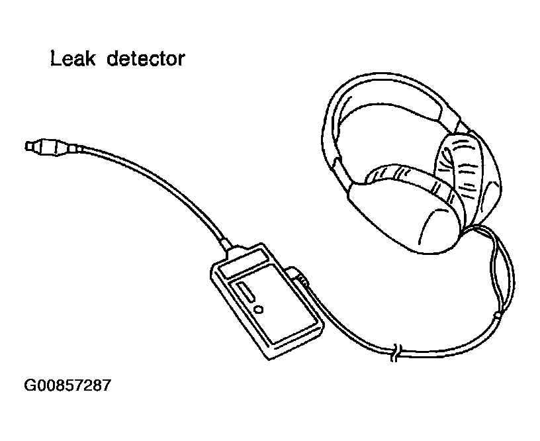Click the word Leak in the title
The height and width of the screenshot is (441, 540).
click(70, 60)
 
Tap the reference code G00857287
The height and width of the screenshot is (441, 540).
click(67, 385)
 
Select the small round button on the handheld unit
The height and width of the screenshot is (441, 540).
click(259, 309)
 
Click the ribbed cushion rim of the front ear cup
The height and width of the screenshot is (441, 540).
click(404, 175)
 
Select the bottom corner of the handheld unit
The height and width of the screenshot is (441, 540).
click(269, 358)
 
